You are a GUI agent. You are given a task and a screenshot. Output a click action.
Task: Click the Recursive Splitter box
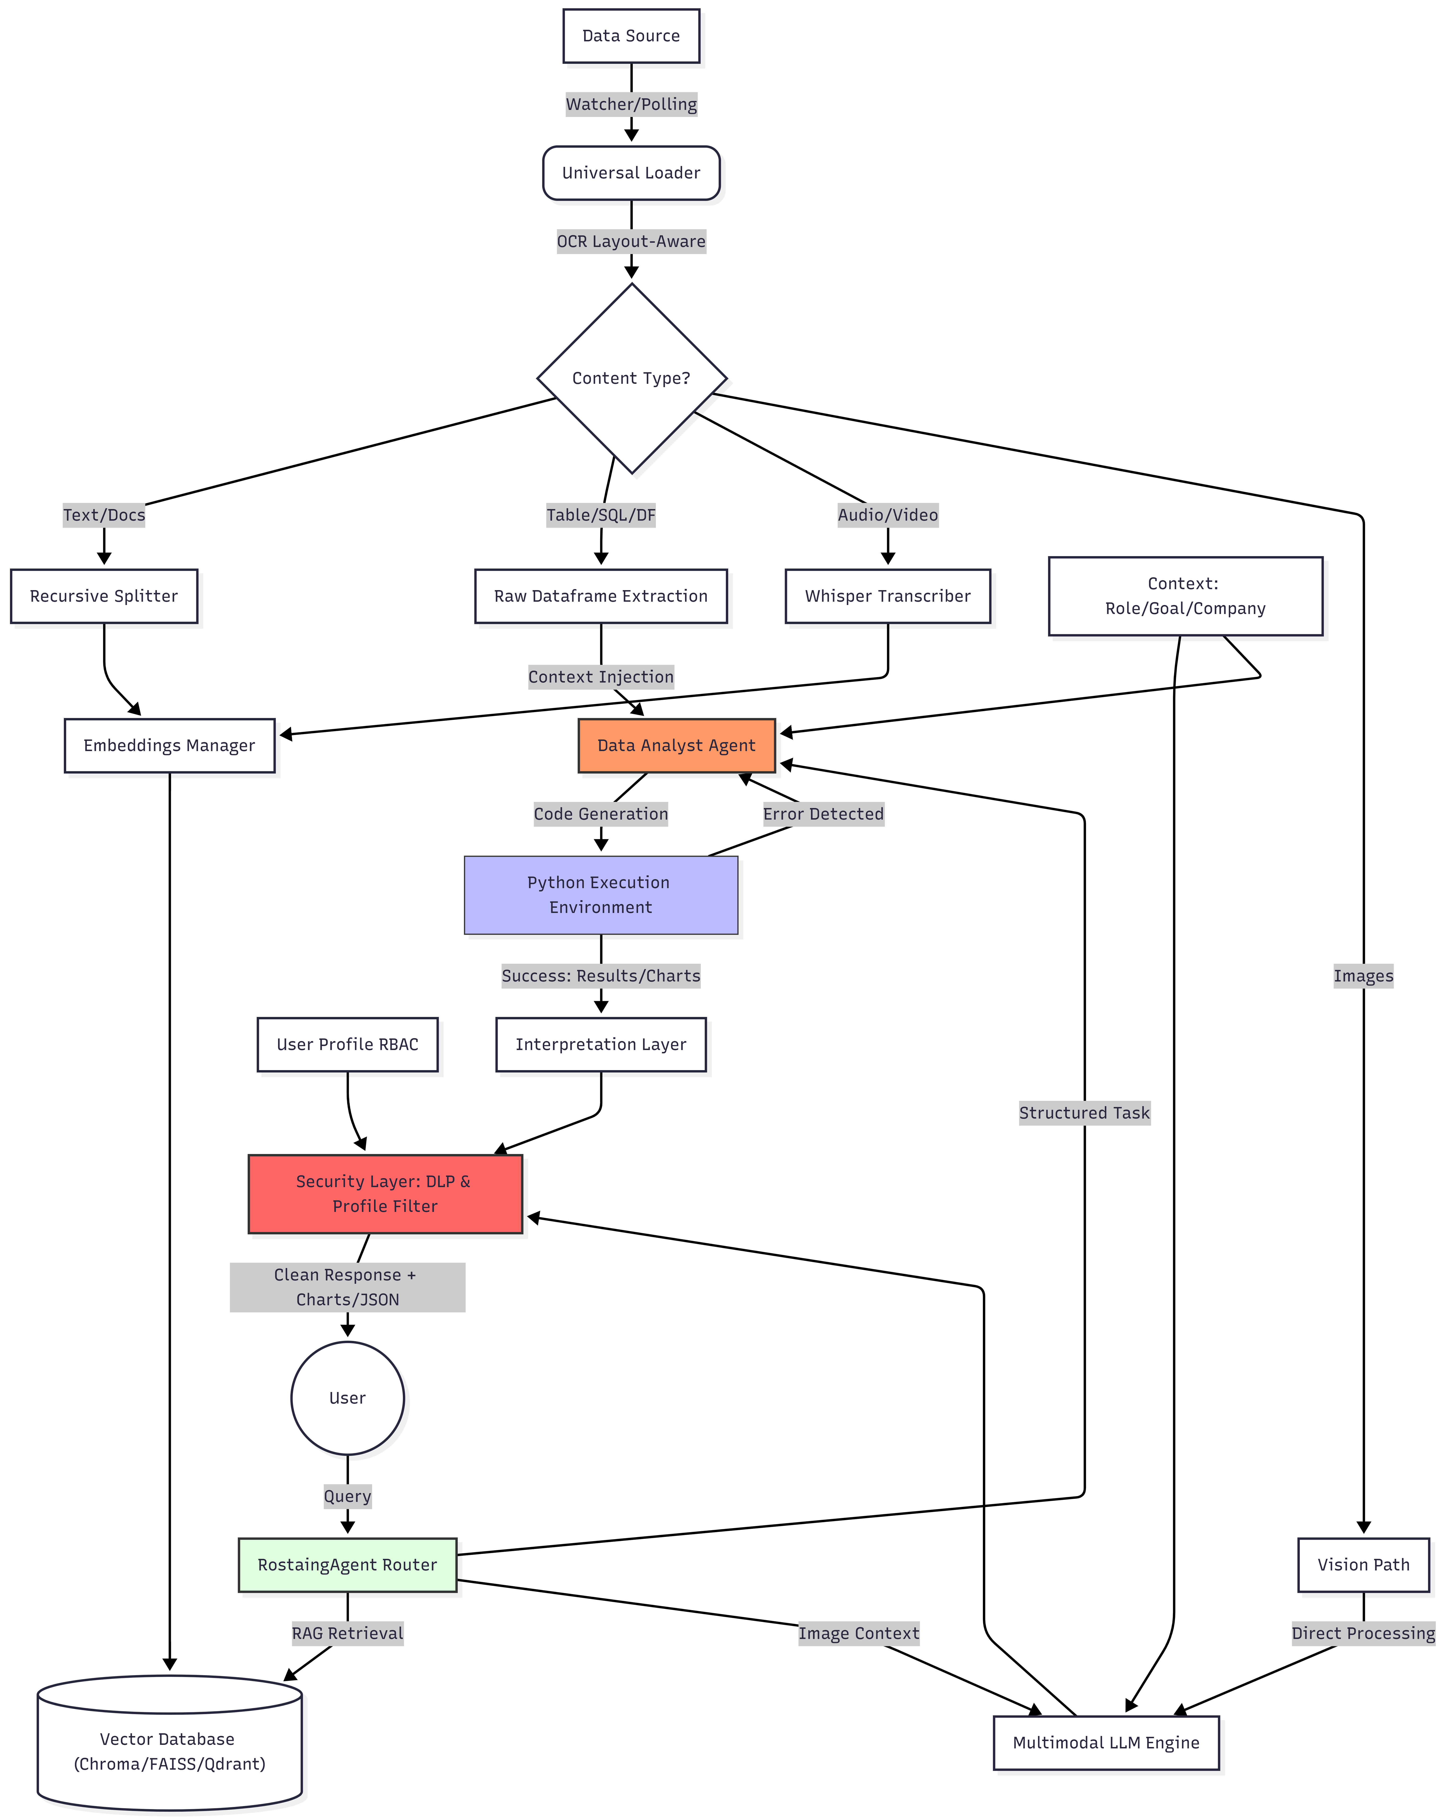coord(104,596)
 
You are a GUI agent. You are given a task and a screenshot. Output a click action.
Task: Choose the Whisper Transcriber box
coord(887,596)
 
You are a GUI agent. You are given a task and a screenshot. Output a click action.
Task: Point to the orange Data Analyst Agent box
coord(676,745)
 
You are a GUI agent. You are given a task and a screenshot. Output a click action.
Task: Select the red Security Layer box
coord(385,1194)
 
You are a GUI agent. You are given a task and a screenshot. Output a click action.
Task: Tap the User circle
coord(347,1398)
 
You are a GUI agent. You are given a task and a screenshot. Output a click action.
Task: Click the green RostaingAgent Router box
coord(347,1565)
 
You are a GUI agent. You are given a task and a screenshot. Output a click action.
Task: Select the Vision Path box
coord(1363,1565)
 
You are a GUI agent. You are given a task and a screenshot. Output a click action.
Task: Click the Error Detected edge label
coord(823,814)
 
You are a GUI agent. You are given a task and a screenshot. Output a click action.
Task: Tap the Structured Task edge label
coord(1084,1113)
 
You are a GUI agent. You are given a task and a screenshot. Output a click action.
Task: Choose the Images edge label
coord(1363,976)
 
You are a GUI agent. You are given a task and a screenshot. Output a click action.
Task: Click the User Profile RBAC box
coord(347,1044)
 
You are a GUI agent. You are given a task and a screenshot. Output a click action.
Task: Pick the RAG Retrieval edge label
coord(347,1634)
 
